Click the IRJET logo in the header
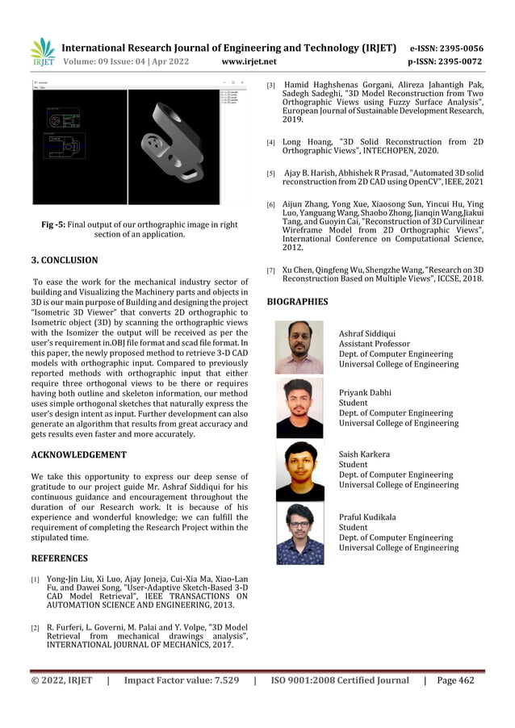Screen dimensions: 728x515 click(x=43, y=52)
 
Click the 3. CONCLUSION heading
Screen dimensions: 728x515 click(x=65, y=261)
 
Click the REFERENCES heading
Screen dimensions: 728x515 click(x=59, y=558)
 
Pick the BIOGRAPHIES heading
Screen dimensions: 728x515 click(x=297, y=302)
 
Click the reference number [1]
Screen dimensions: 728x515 click(x=36, y=580)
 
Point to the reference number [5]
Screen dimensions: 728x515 click(x=271, y=174)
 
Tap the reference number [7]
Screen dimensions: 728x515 click(x=271, y=270)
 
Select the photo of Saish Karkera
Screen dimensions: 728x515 click(x=299, y=471)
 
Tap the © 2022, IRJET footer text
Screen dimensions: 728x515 click(x=62, y=680)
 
